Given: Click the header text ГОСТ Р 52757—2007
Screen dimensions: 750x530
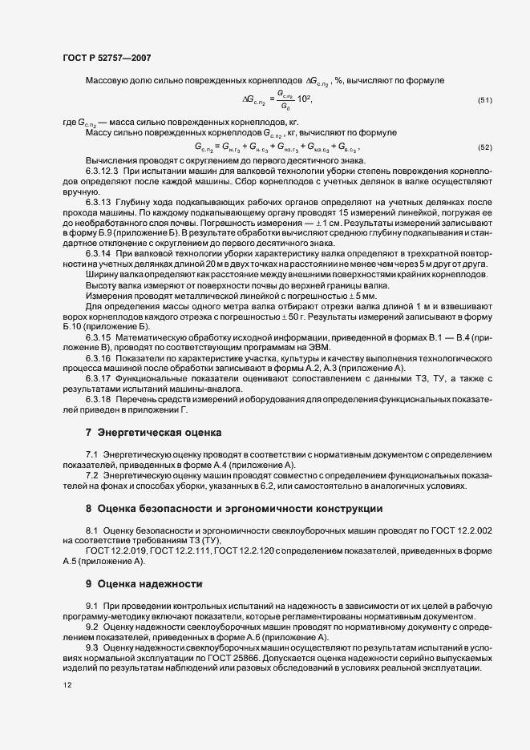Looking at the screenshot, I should coord(105,58).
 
